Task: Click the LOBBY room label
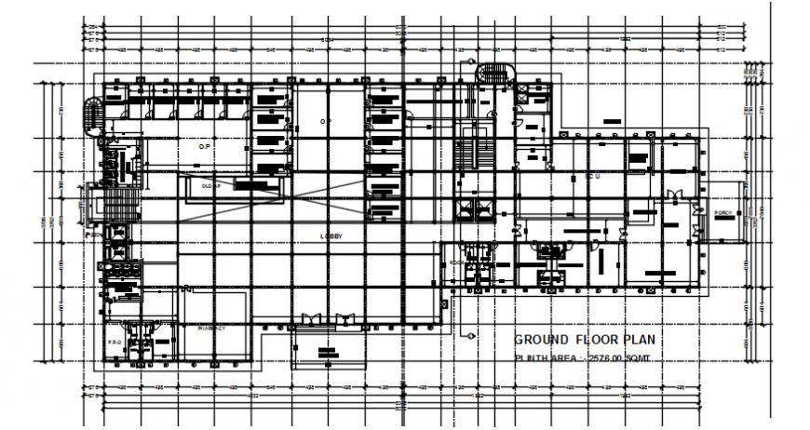pyautogui.click(x=331, y=236)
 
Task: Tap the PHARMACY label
pyautogui.click(x=211, y=328)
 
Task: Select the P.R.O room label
pyautogui.click(x=115, y=343)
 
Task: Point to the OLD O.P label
pyautogui.click(x=210, y=185)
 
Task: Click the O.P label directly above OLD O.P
pyautogui.click(x=205, y=146)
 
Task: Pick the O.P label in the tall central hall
pyautogui.click(x=326, y=122)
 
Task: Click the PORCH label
pyautogui.click(x=726, y=213)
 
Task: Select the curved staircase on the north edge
pyautogui.click(x=494, y=72)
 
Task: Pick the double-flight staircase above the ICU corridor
pyautogui.click(x=476, y=154)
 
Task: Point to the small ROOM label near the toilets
pyautogui.click(x=456, y=263)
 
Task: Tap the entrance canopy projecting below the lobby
pyautogui.click(x=325, y=348)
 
